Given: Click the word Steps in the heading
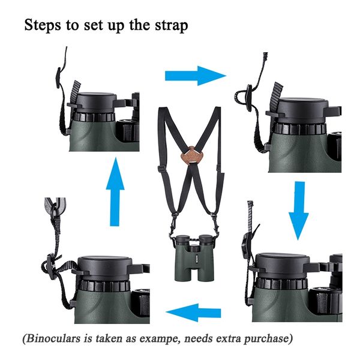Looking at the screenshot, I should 41,26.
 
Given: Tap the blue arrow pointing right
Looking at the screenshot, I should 195,76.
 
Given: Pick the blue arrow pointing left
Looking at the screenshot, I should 193,313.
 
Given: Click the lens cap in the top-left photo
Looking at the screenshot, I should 99,100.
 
